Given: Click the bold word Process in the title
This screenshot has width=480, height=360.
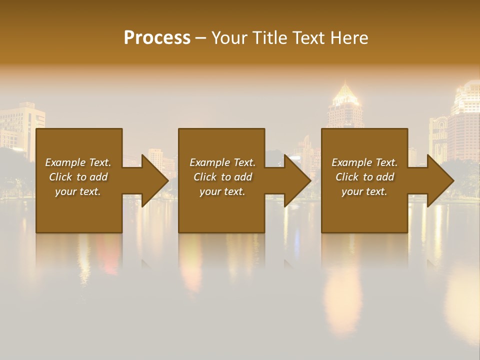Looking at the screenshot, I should pos(157,38).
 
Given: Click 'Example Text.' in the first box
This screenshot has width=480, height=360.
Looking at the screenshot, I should pos(78,162).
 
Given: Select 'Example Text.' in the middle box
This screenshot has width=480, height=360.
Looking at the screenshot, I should pos(222,162).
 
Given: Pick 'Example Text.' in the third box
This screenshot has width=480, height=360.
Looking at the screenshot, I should pos(364,162).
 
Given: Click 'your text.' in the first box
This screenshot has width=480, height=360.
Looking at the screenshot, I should pos(78,191).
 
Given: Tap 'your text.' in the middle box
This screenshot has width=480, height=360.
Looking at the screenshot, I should pos(222,191).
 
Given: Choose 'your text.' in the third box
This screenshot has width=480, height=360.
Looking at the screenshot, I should pos(364,191).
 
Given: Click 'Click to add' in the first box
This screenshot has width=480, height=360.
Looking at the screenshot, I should pos(78,177).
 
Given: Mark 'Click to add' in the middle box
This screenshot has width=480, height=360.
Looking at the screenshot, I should pos(222,177).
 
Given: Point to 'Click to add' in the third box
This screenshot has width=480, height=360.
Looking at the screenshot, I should pos(364,177).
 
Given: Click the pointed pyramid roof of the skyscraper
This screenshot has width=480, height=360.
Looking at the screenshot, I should pos(344,92).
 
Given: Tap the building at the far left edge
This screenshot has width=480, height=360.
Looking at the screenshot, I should pos(20,125).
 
